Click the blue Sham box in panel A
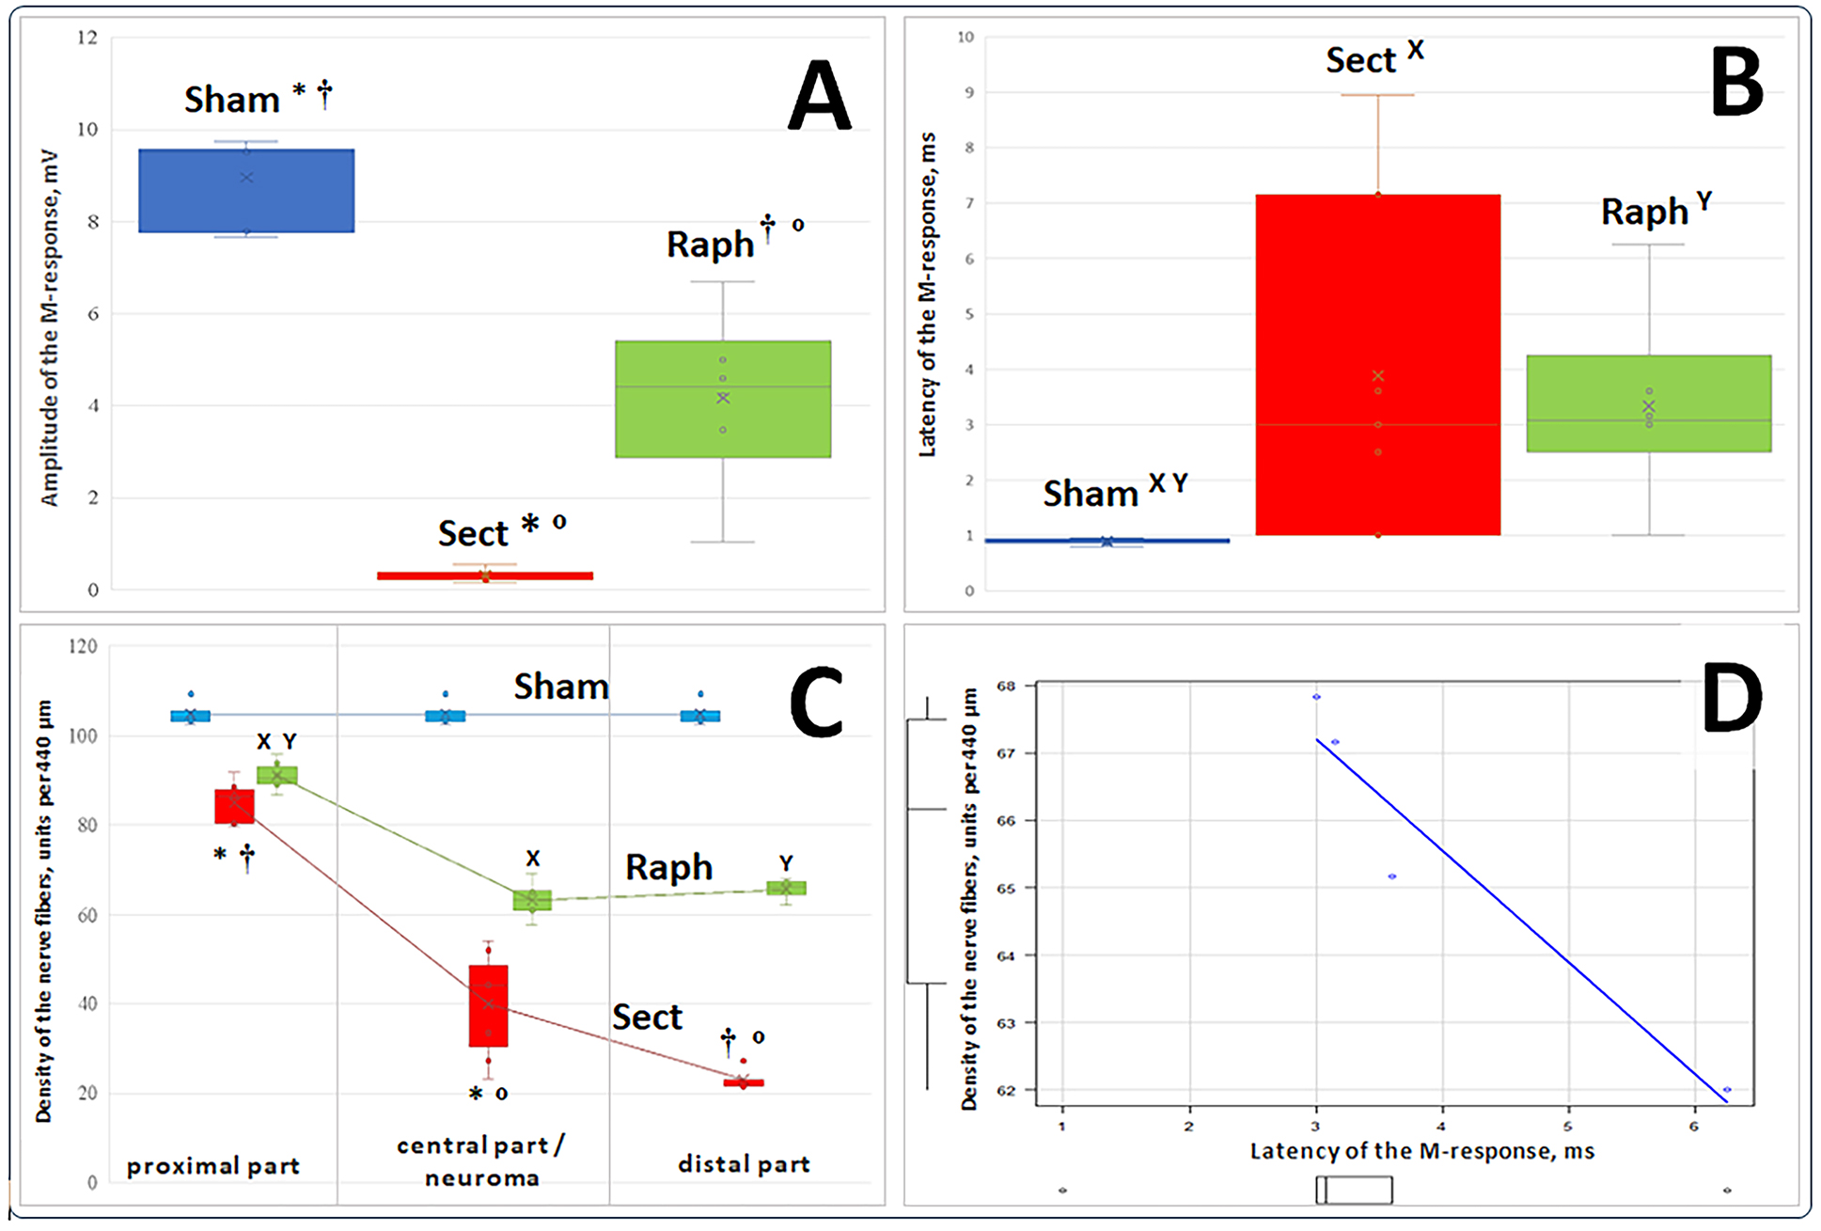(246, 190)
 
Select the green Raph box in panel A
(722, 399)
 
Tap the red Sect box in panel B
(1377, 365)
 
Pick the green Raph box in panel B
(1648, 403)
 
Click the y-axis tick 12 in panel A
(87, 39)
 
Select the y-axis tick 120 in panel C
(83, 646)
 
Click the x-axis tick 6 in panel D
(1694, 1126)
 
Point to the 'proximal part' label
(213, 1166)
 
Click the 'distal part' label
(744, 1164)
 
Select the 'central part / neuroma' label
(481, 1161)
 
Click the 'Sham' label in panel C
(560, 687)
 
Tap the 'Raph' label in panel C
(668, 867)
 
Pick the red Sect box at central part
(488, 1005)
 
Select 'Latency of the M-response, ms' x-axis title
(1421, 1151)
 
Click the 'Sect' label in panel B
(1359, 60)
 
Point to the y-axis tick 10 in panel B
(965, 38)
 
